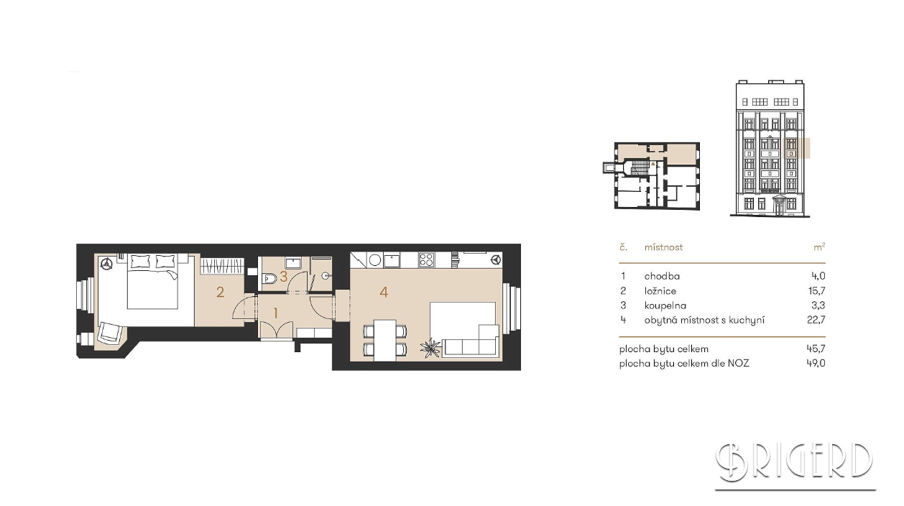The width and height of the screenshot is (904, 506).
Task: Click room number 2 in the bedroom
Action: point(220,292)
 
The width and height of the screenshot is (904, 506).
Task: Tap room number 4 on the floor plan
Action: point(384,292)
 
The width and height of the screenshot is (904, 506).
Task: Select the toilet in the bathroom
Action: point(269,278)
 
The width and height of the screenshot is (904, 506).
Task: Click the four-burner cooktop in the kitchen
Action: point(426,260)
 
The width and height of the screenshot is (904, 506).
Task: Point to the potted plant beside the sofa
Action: point(430,348)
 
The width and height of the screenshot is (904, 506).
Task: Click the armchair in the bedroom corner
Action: point(110,333)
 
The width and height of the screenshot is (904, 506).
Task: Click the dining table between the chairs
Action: point(385,340)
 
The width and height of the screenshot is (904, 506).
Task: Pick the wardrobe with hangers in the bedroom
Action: point(222,267)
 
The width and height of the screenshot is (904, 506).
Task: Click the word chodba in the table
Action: point(662,277)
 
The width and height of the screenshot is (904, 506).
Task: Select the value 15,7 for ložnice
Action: point(816,291)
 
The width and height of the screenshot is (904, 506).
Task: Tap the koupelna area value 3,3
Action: point(818,305)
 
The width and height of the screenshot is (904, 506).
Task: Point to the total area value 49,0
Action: point(816,363)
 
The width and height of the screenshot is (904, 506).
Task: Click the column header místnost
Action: point(663,247)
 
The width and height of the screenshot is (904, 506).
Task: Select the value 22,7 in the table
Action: point(816,320)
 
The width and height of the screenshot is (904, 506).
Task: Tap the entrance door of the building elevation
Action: point(779,206)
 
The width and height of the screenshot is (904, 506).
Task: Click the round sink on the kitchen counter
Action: point(375,260)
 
